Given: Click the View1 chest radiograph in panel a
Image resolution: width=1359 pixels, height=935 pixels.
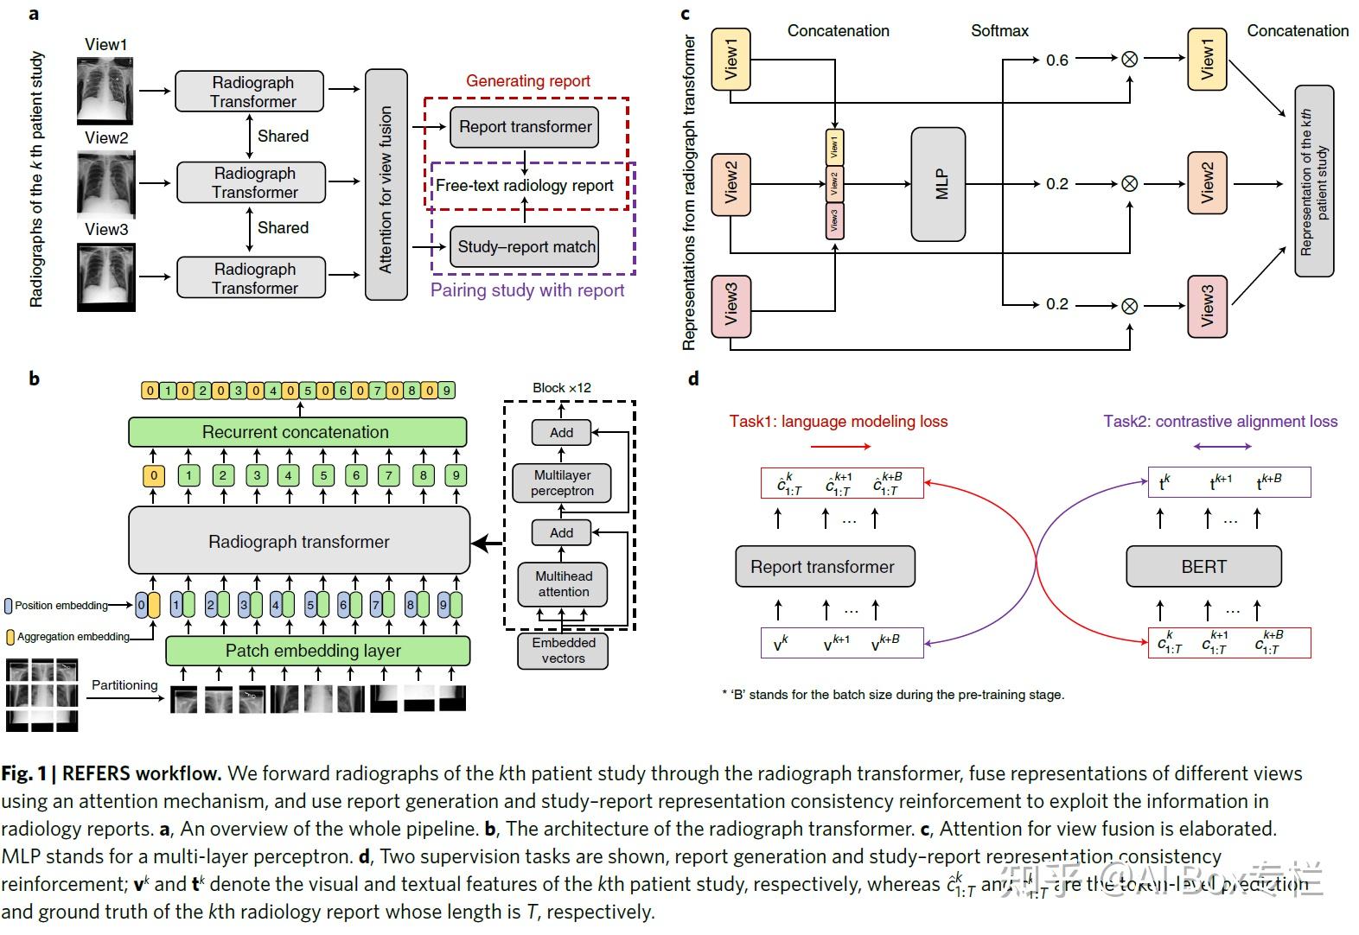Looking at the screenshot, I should coord(105,91).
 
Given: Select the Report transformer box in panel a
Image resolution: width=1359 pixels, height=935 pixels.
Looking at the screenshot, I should coord(524,127).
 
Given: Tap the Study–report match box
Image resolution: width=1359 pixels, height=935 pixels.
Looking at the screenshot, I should coord(526,247).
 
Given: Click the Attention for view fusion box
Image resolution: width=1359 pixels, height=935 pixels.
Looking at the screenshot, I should coord(386,185).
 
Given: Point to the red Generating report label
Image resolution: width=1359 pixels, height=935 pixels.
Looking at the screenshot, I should coord(527,81).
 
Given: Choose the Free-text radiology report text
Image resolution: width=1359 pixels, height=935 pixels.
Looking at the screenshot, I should coord(524,186).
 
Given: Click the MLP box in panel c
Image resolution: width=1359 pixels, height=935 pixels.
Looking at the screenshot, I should coord(938,184).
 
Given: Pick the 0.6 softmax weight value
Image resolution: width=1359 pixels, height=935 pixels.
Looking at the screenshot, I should coord(1056,60).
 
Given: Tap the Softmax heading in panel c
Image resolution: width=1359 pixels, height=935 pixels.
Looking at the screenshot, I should coord(999,31).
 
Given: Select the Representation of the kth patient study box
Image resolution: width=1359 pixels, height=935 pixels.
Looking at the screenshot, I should coord(1313,181).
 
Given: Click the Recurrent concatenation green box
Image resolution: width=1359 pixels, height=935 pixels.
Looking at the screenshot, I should coord(297,432).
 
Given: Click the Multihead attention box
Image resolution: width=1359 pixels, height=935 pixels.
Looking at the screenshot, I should coord(563,584).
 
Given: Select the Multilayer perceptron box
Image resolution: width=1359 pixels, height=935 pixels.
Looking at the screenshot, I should coord(562,483).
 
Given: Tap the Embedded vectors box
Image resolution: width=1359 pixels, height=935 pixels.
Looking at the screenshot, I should coord(563,651).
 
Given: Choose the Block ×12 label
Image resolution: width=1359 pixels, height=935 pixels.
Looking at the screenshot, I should coord(561,388).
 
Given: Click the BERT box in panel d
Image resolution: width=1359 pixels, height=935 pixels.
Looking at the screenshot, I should coord(1203,567).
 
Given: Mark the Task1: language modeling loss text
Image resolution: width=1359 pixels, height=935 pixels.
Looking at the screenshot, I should coord(838,422).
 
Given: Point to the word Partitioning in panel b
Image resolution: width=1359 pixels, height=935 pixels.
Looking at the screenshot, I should coord(124,685).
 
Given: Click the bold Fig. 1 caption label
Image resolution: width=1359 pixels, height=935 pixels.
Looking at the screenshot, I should coord(23,773).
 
